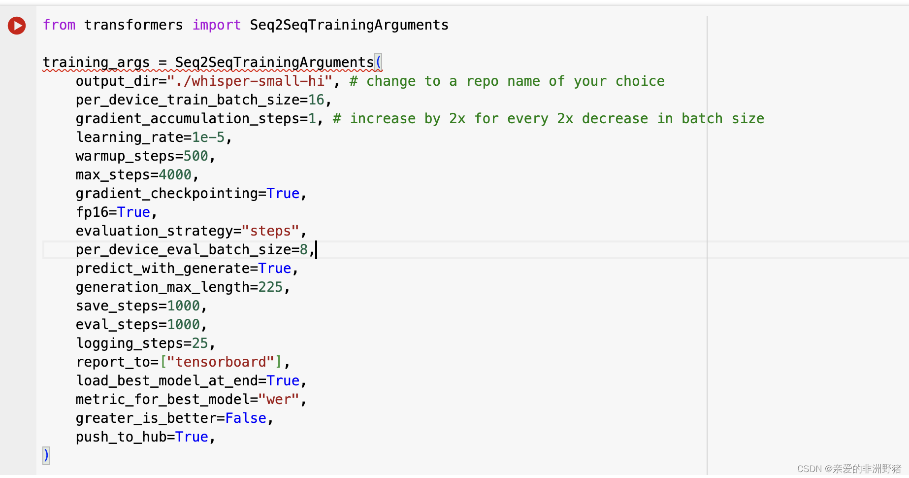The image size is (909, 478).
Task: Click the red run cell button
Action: [17, 25]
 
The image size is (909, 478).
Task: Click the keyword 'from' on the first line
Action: [59, 25]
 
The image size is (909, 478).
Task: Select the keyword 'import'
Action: [217, 25]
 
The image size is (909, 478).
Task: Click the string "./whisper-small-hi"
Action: [250, 81]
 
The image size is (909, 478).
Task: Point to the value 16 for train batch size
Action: [316, 100]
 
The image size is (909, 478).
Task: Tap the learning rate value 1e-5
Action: [208, 137]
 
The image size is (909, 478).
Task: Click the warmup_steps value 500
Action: [195, 156]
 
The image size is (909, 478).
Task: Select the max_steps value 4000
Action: [175, 175]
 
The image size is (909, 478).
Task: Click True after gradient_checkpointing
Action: [283, 194]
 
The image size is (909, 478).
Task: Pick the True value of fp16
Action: [133, 212]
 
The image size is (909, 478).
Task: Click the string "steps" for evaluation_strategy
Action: [270, 231]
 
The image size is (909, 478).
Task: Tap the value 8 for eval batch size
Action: [304, 250]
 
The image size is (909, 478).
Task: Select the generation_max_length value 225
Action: [270, 287]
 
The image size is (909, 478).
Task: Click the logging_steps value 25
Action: [200, 343]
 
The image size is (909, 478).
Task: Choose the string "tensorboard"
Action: [221, 362]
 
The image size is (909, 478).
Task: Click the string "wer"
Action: [279, 400]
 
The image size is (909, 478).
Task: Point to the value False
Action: [246, 418]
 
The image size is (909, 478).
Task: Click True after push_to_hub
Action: [192, 437]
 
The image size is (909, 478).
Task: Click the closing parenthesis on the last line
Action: [46, 455]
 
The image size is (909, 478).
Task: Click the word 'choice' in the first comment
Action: [640, 81]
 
